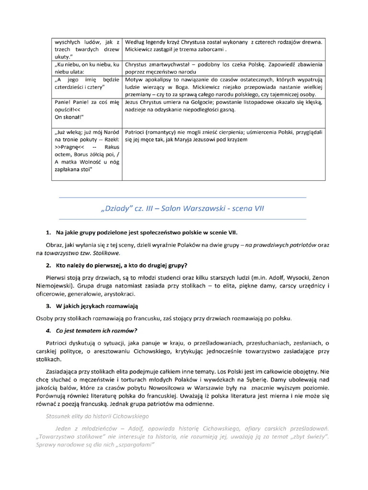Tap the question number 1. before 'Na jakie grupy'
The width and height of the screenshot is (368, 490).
48,233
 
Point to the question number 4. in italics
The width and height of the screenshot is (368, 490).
48,331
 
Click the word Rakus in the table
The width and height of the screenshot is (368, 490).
111,147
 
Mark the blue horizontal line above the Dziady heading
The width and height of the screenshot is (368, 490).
182,198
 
